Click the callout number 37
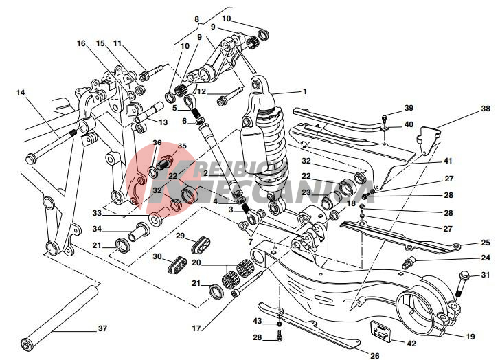coord(102,328)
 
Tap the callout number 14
coord(20,91)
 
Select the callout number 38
coord(486,109)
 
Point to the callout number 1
coord(304,91)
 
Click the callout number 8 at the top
coord(196,19)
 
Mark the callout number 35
coord(182,146)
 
